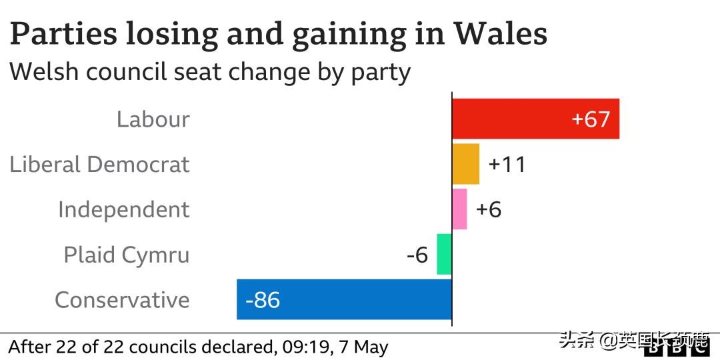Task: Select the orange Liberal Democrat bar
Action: [465, 164]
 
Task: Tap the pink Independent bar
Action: [459, 209]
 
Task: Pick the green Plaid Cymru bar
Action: [444, 254]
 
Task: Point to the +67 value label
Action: [591, 119]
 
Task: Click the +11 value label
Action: [507, 165]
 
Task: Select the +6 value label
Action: [489, 209]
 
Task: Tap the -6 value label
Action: [417, 255]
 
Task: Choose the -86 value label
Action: [263, 300]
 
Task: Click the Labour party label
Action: [153, 119]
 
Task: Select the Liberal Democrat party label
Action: [99, 165]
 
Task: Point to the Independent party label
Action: [123, 209]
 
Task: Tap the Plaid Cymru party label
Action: [127, 255]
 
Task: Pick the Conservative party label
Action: [122, 300]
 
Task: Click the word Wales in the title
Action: [501, 33]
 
